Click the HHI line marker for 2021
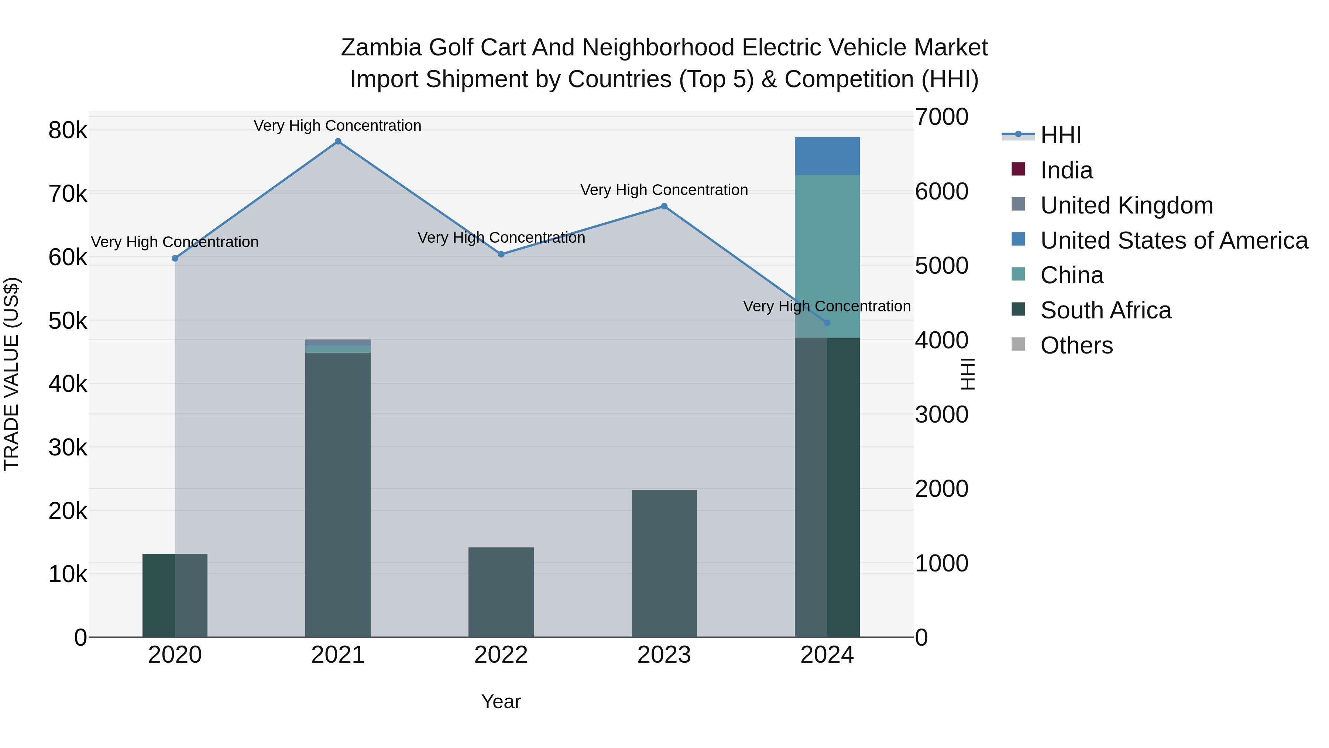pyautogui.click(x=338, y=141)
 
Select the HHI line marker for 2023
pyautogui.click(x=664, y=206)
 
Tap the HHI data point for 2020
pyautogui.click(x=175, y=258)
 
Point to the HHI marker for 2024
pyautogui.click(x=827, y=322)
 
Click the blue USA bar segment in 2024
pyautogui.click(x=827, y=156)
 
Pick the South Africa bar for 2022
pyautogui.click(x=501, y=592)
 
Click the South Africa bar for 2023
pyautogui.click(x=664, y=563)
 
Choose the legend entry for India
pyautogui.click(x=1066, y=170)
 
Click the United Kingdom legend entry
pyautogui.click(x=1126, y=205)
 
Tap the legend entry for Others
pyautogui.click(x=1076, y=345)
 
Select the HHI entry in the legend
pyautogui.click(x=1060, y=135)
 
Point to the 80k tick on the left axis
pyautogui.click(x=68, y=130)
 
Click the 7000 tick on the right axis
pyautogui.click(x=941, y=117)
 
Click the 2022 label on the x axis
pyautogui.click(x=501, y=655)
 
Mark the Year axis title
pyautogui.click(x=501, y=701)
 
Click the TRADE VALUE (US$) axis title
pyautogui.click(x=11, y=374)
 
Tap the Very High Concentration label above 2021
pyautogui.click(x=337, y=126)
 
